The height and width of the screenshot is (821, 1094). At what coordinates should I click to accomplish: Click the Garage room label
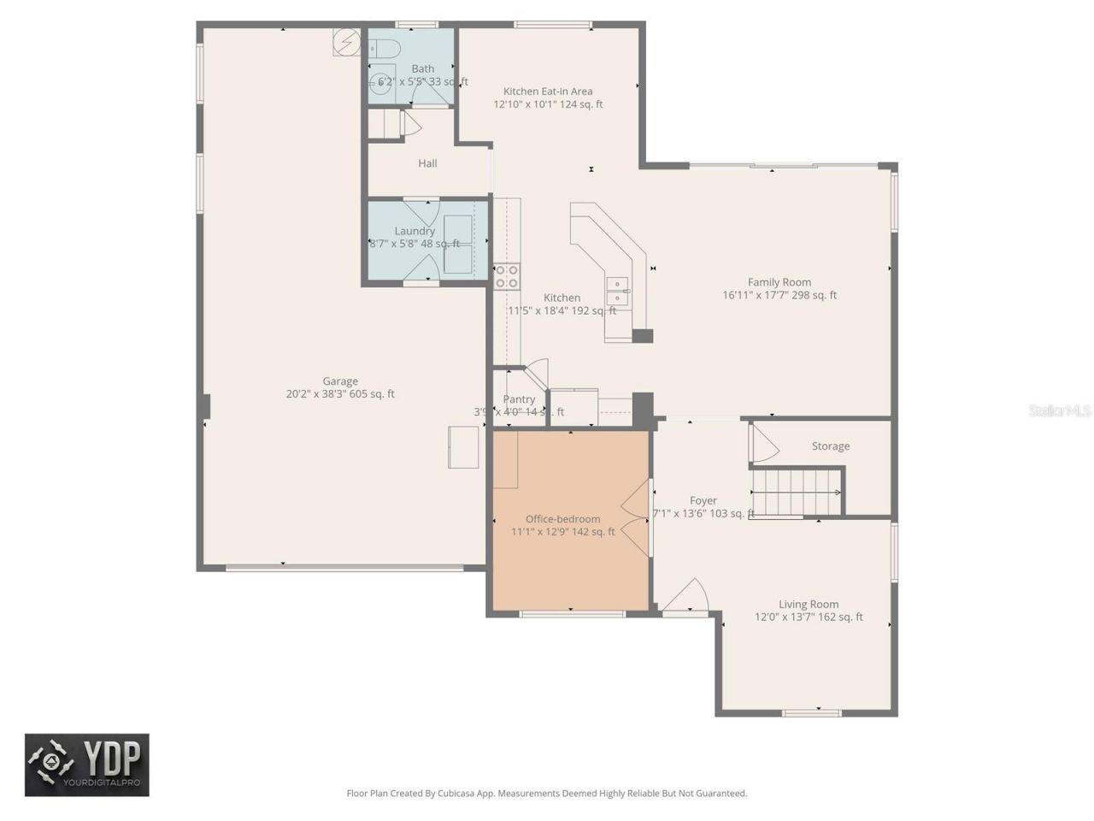[x=340, y=381]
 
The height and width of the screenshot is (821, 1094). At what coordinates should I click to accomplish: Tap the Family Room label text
[x=779, y=282]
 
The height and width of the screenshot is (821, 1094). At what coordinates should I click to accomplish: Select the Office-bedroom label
[x=562, y=519]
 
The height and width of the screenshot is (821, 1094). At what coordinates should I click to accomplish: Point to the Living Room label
[x=808, y=605]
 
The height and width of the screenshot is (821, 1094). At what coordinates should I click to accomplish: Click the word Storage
[x=830, y=446]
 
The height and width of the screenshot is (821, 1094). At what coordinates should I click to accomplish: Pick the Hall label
[x=427, y=163]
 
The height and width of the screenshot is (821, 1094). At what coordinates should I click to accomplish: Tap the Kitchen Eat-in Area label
[x=547, y=92]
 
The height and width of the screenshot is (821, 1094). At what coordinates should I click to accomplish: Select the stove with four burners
[x=507, y=276]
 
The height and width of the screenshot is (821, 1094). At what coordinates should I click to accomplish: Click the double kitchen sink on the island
[x=617, y=291]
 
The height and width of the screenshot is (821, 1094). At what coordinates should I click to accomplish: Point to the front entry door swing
[x=686, y=597]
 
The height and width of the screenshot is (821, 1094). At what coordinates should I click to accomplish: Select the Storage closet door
[x=762, y=444]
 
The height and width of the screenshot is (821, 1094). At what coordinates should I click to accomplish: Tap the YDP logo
[x=86, y=765]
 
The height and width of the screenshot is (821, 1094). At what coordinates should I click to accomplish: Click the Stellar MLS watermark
[x=1060, y=411]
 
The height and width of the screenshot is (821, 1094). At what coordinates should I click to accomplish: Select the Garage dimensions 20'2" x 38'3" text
[x=340, y=395]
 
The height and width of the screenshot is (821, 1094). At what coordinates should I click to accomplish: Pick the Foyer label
[x=703, y=501]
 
